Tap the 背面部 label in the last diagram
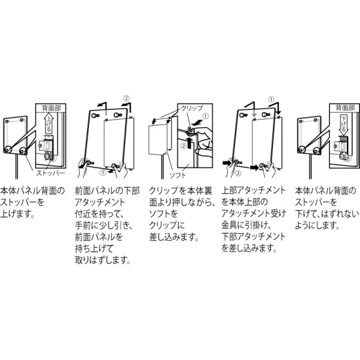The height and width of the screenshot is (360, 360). click(x=343, y=108)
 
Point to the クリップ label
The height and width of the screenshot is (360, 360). click(x=190, y=107)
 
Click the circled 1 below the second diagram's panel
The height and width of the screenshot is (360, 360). click(x=103, y=174)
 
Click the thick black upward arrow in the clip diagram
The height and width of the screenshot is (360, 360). click(x=190, y=145)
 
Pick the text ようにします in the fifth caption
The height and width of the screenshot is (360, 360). click(x=317, y=225)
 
